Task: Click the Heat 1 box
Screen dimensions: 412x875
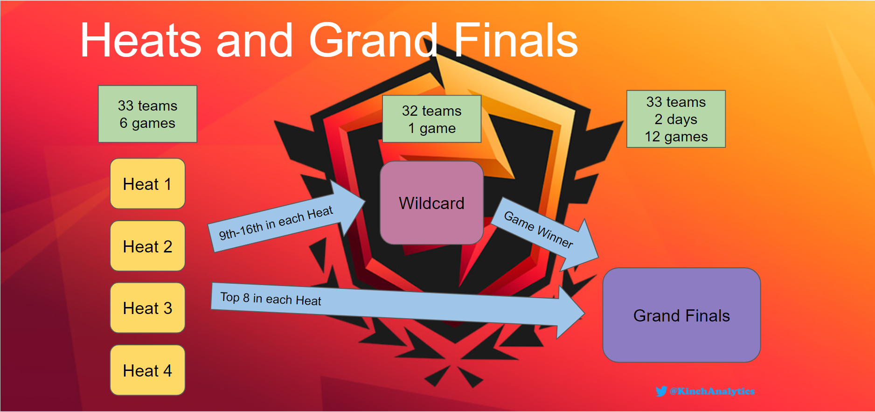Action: (x=147, y=184)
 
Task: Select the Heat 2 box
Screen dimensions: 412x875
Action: (x=147, y=246)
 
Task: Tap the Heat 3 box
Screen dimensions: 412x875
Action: (x=147, y=308)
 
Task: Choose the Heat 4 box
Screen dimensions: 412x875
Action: (x=147, y=370)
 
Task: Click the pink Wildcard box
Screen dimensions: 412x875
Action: (x=431, y=203)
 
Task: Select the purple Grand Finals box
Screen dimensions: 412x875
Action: (x=681, y=315)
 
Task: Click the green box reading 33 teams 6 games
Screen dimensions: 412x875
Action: (x=147, y=114)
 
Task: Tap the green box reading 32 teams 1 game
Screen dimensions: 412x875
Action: (x=431, y=119)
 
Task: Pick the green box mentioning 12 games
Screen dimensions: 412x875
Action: (x=676, y=119)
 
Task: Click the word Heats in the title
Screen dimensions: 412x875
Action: (x=140, y=41)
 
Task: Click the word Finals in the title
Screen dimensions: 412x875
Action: (x=515, y=41)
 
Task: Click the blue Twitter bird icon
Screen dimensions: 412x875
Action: (x=661, y=391)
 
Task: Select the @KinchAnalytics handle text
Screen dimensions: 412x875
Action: (x=712, y=391)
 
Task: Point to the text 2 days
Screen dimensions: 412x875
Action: (x=676, y=119)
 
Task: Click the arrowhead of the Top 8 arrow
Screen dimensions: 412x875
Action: (x=571, y=313)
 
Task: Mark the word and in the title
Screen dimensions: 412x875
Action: (x=255, y=41)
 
